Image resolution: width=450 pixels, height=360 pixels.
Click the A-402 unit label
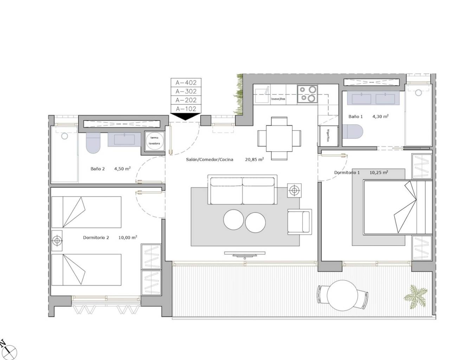coord(186,83)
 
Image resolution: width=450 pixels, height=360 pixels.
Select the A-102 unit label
coord(186,109)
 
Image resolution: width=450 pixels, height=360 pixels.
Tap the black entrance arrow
coord(185,117)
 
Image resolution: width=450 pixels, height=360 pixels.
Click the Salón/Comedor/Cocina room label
coord(210,160)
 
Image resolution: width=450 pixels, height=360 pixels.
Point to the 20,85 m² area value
coord(254,160)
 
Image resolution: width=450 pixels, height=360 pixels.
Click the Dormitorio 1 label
coord(347,173)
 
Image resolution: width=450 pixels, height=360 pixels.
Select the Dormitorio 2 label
coord(96,238)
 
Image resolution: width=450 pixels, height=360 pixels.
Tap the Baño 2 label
coord(98,169)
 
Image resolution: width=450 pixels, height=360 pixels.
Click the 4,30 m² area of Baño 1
coord(380,116)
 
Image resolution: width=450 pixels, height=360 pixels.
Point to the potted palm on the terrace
coord(417,296)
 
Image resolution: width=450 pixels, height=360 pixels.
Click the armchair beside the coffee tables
coord(299,221)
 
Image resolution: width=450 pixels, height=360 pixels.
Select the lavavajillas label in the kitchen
coord(278,99)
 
